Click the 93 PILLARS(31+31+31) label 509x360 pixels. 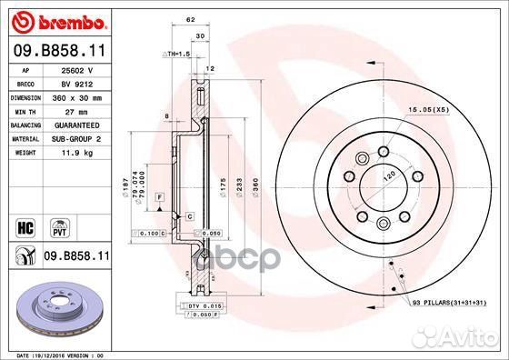(x=450, y=301)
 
